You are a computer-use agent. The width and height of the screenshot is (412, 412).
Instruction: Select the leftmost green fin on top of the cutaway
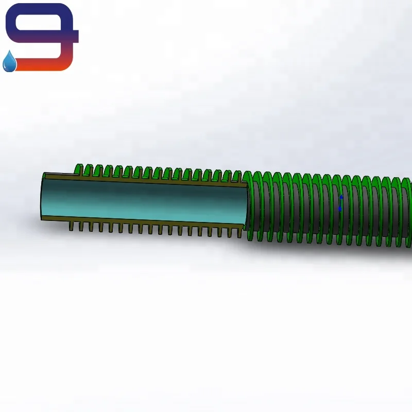tap(79, 169)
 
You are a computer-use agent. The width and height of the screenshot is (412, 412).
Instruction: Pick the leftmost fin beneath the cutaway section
tap(72, 226)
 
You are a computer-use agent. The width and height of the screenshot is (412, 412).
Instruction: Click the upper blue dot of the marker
tap(340, 197)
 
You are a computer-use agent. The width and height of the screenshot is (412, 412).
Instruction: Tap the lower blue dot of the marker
tap(340, 209)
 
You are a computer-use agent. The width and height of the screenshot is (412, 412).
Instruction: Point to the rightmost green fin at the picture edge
tap(407, 211)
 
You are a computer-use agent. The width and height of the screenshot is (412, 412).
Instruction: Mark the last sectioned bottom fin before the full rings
tap(238, 232)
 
